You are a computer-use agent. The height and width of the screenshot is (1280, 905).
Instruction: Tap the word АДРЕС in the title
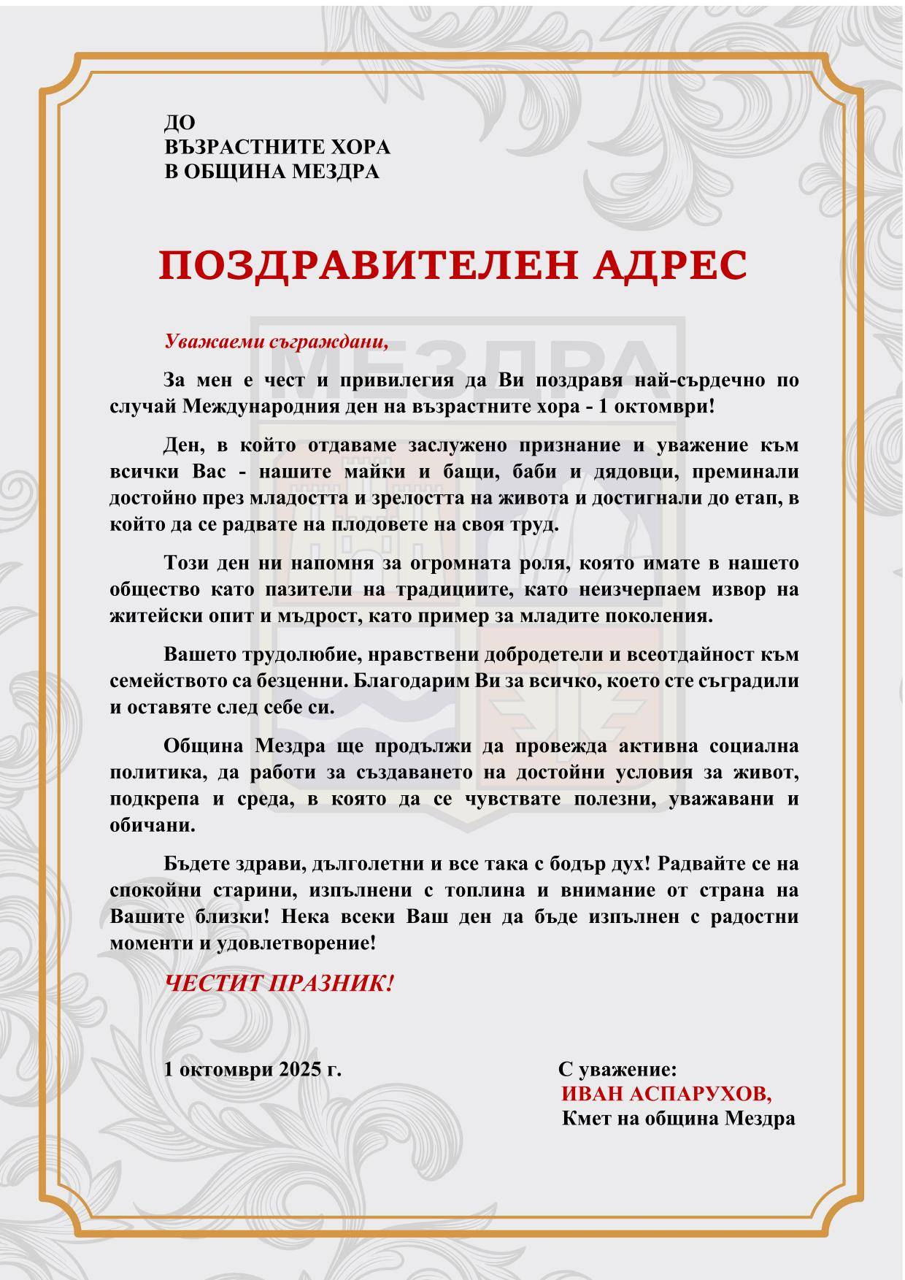pyautogui.click(x=670, y=265)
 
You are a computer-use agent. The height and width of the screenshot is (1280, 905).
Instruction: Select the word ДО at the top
pyautogui.click(x=180, y=122)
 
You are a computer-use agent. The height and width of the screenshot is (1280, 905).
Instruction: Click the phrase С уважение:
pyautogui.click(x=617, y=1070)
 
